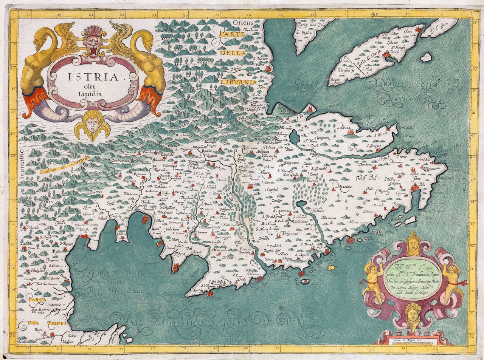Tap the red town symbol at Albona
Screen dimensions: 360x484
coord(350,132)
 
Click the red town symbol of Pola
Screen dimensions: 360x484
coord(415,187)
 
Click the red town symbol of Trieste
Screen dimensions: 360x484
coord(84,236)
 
